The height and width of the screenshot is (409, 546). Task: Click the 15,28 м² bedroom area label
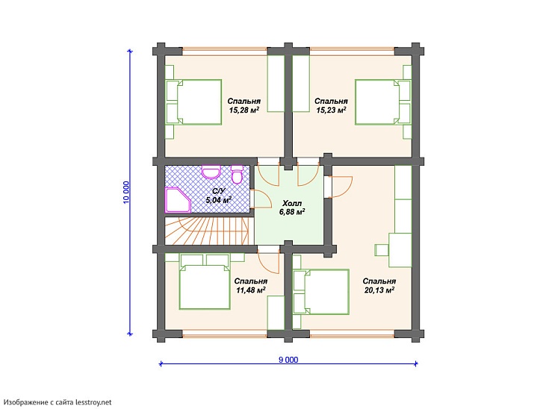pos(243,105)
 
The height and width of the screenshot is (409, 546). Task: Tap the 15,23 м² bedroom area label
pos(331,105)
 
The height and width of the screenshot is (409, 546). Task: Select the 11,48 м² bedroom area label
pos(251,285)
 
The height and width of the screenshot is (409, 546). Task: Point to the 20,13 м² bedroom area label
pos(379,285)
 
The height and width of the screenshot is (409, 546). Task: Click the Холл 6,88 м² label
pos(292,207)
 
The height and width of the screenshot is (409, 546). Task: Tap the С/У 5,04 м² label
pos(219,196)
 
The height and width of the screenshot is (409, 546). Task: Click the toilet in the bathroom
pos(238,174)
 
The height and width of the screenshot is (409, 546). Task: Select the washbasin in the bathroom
pos(211,172)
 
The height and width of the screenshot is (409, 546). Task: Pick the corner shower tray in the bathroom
pos(178,200)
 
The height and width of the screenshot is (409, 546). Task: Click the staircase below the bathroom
pos(207,231)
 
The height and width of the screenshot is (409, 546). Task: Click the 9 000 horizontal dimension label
pos(288,360)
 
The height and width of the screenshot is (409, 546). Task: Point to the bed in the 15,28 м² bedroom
pos(194,102)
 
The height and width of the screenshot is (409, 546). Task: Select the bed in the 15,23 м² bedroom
pos(382,102)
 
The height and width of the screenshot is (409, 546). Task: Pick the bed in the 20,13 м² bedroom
pos(321,292)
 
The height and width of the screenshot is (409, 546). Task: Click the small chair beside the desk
pos(382,250)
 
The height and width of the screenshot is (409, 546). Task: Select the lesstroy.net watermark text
pos(58,402)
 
